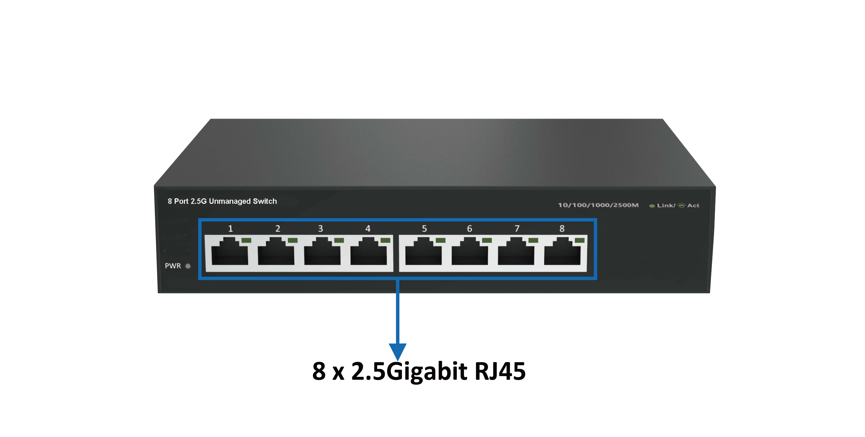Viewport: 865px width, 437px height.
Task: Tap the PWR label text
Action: pyautogui.click(x=173, y=266)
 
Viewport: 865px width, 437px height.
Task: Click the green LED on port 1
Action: pyautogui.click(x=246, y=240)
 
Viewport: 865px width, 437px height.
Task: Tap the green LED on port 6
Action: pyautogui.click(x=487, y=240)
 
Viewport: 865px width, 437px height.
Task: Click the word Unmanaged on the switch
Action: pyautogui.click(x=230, y=201)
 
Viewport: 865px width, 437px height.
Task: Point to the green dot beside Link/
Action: pyautogui.click(x=652, y=206)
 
